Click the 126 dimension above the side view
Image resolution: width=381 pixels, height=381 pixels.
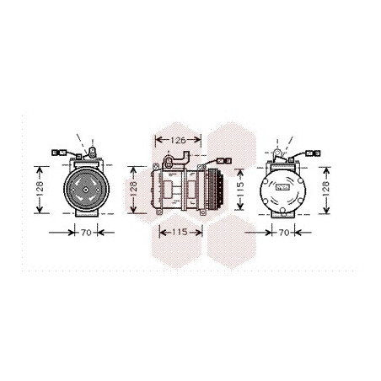179,140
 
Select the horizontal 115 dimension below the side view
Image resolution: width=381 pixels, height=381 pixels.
180,232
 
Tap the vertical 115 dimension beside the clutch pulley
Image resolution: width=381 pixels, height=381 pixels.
240,189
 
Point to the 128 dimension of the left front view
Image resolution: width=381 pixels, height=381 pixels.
40,189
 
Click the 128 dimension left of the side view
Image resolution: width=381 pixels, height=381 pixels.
133,189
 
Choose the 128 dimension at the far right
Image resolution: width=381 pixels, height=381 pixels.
325,189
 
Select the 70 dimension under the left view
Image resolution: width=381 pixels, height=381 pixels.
86,233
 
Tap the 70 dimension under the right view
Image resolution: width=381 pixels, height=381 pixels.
284,233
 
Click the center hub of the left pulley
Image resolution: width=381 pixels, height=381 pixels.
86,190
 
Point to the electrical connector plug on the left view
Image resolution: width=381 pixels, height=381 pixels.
59,153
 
